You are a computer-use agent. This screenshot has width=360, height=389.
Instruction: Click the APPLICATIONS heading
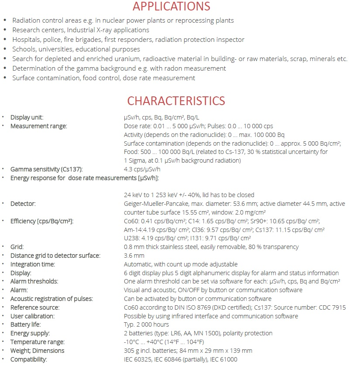point(171,7)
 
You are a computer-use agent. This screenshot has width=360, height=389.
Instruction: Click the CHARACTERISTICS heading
point(176,101)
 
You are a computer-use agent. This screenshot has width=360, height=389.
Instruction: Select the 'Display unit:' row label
point(27,117)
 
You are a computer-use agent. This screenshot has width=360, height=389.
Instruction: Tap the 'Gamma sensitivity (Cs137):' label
point(46,169)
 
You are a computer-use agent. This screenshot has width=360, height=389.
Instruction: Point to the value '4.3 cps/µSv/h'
point(142,169)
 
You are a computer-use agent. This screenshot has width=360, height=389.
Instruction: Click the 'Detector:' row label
point(23,204)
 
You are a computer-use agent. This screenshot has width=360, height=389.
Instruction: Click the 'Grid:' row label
point(17,247)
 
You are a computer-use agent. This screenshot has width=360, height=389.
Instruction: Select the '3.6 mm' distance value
point(134,256)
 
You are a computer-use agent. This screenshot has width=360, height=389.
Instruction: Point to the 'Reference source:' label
point(35,307)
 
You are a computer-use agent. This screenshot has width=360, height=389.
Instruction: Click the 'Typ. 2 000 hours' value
point(146,324)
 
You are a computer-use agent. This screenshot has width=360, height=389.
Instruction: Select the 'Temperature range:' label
point(38,342)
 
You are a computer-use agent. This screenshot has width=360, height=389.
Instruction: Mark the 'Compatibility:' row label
point(29,359)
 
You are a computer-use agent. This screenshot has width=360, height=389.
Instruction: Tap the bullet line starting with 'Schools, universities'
point(76,49)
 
